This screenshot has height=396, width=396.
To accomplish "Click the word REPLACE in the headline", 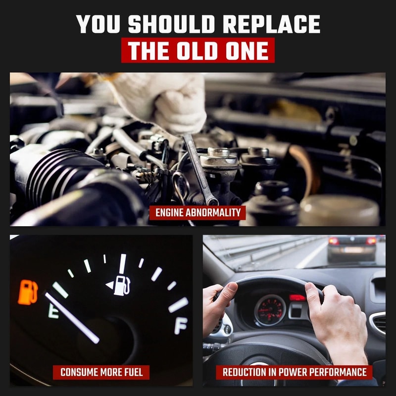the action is [x=271, y=24].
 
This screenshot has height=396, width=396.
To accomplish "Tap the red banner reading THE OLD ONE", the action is [x=198, y=50].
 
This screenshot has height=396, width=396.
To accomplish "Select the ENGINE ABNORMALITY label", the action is [x=198, y=213].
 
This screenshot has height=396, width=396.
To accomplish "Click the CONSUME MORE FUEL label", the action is [x=101, y=372].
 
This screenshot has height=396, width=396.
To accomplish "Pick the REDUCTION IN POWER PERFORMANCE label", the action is [x=294, y=372].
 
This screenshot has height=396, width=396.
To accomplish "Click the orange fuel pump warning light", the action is [x=28, y=292].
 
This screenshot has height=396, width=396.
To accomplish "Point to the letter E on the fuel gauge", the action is [x=53, y=311].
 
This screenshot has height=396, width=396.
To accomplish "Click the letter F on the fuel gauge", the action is [x=181, y=326].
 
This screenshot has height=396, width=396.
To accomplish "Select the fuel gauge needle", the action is [x=72, y=318].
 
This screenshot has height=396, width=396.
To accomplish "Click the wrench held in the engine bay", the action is [x=200, y=169].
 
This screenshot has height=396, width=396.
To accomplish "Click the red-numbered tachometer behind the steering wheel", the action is [x=270, y=310].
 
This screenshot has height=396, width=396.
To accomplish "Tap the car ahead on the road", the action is [x=352, y=249].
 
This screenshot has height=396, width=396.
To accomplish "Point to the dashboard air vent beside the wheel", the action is [x=378, y=323].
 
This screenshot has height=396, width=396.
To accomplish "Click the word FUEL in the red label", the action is [x=134, y=372].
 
